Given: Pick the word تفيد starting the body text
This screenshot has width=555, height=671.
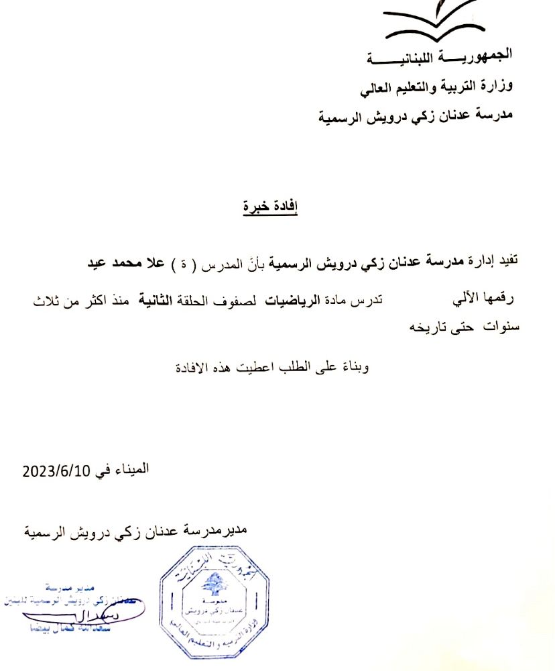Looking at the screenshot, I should (x=507, y=263).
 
